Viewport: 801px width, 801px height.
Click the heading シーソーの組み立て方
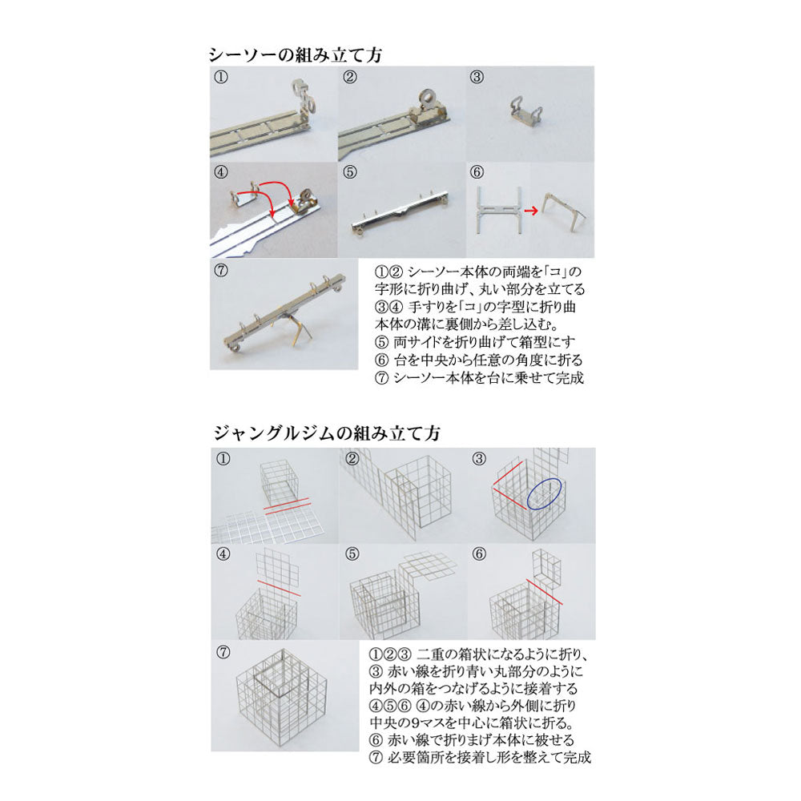[296, 54]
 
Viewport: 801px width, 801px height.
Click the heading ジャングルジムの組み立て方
[327, 433]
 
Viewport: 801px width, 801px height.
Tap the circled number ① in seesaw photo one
[221, 77]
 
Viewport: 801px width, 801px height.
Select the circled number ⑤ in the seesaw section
[350, 172]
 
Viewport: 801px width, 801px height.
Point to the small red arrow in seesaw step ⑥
[531, 211]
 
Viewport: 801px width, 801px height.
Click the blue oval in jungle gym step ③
[545, 493]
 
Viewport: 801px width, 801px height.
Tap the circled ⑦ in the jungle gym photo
[223, 652]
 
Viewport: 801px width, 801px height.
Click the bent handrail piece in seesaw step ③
[525, 111]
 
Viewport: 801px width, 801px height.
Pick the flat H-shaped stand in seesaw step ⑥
[498, 210]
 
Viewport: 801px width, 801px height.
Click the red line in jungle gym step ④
[279, 588]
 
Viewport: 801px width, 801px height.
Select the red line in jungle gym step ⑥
[544, 592]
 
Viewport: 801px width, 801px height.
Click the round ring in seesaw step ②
[427, 98]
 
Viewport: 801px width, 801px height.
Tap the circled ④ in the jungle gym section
[223, 554]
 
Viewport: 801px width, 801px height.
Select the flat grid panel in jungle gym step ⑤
[428, 566]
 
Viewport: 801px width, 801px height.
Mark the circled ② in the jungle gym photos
[352, 459]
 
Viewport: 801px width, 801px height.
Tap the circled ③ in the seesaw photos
[477, 77]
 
